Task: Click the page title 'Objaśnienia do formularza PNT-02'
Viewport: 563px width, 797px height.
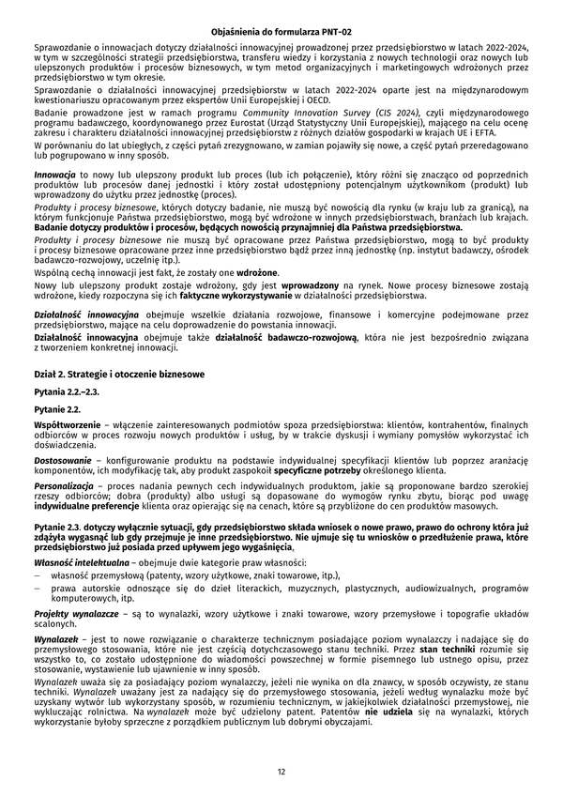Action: coord(281,32)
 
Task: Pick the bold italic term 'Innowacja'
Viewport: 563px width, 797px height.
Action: coord(54,176)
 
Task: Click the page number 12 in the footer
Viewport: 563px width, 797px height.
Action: coord(281,772)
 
